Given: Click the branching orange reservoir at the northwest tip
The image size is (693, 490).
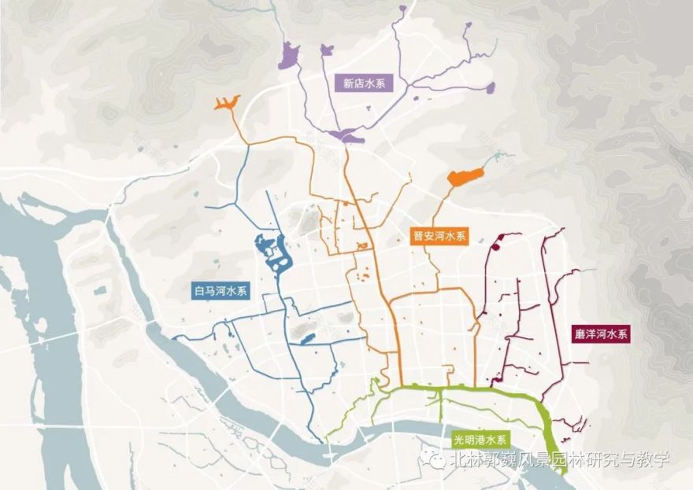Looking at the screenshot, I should [x=226, y=103].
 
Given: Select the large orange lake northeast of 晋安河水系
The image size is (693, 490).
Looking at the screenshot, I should [x=464, y=176].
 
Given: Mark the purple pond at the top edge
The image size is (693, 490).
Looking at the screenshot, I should [x=403, y=9].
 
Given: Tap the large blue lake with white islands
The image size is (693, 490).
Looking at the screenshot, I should [x=274, y=254].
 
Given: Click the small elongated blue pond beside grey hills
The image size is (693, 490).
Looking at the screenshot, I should [x=306, y=340].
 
